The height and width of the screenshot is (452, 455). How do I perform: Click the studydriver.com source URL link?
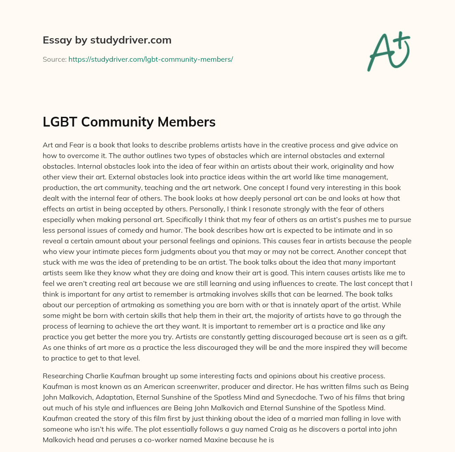tap(151, 59)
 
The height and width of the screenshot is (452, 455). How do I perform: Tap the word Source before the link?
tap(54, 59)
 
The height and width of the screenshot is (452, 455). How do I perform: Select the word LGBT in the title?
tap(58, 122)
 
